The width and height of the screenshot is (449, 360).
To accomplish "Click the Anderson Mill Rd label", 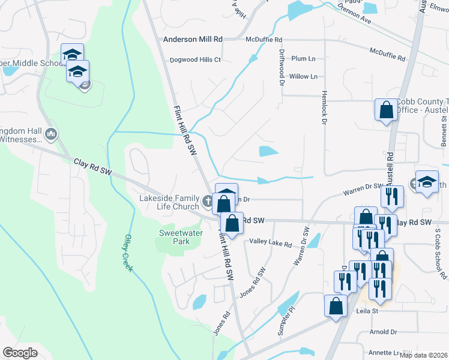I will coord(193,39).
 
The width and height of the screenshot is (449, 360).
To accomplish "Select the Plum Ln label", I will coord(303,59).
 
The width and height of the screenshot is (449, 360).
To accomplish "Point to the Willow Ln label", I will coord(303,77).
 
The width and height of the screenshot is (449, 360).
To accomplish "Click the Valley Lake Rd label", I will coord(271,244).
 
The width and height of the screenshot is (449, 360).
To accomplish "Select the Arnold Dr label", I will coord(384,332).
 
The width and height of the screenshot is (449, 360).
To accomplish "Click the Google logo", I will coord(20,352).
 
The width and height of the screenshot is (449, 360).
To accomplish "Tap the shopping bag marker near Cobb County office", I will coord(385,110).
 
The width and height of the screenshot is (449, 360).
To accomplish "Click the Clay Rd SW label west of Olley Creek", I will coord(93,167).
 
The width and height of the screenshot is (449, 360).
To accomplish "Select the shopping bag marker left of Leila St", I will coord(336,305).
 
